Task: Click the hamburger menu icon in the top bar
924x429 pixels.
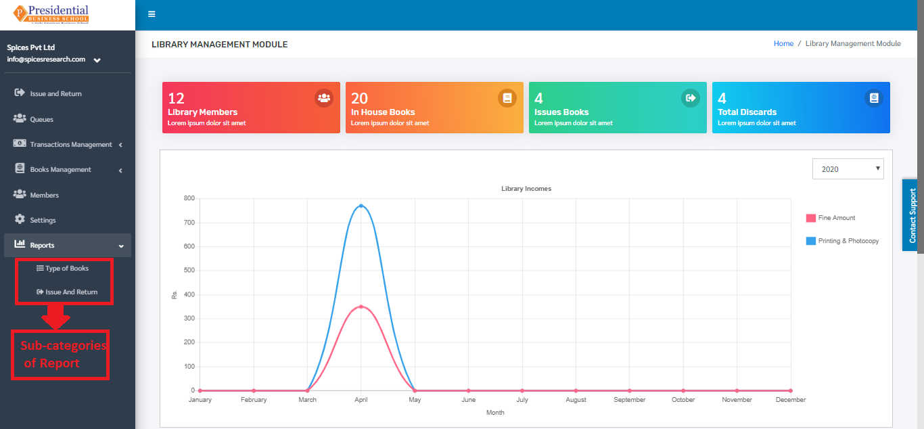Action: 152,14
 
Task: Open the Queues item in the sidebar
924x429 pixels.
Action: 41,119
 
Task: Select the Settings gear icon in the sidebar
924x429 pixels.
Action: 20,219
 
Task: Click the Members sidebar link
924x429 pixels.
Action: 44,195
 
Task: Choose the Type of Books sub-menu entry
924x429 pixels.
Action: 67,268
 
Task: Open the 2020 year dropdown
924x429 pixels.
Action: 848,168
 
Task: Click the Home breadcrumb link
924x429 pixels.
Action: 783,43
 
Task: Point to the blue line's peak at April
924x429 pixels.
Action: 361,206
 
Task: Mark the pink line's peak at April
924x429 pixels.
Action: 361,307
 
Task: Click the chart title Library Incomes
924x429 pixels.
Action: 526,189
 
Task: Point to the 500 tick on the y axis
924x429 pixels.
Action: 189,270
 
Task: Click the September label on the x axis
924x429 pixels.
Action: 630,400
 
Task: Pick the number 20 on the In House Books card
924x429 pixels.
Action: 359,98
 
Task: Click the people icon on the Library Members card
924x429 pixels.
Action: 324,98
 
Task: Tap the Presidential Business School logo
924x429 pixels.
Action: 51,14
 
